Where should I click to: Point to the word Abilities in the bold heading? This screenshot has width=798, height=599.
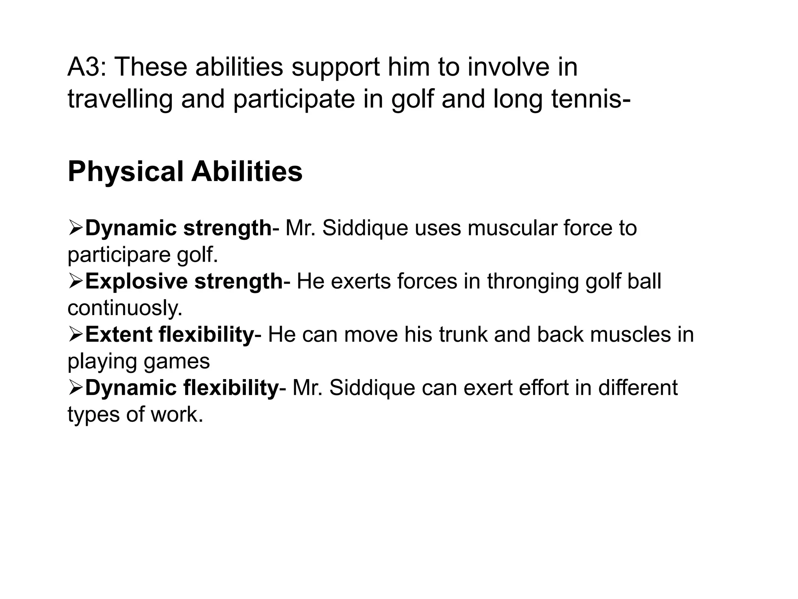pyautogui.click(x=247, y=172)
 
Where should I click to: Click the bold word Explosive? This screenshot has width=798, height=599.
pyautogui.click(x=136, y=281)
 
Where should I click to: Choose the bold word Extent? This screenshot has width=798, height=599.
pyautogui.click(x=118, y=335)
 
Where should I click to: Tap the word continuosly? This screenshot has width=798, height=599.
pyautogui.click(x=125, y=308)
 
